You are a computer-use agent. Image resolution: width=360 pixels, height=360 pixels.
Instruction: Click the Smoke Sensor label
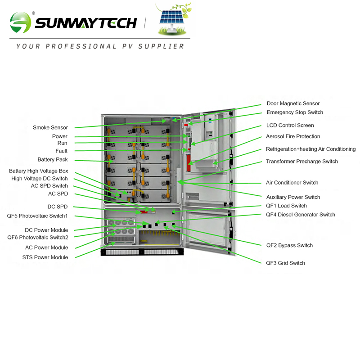pos(50,128)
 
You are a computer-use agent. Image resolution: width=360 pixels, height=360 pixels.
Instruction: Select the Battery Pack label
pos(53,160)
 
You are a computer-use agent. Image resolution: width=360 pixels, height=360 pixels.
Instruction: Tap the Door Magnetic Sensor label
pos(293,103)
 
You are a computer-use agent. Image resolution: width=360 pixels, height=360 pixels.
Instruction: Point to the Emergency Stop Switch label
pos(295,112)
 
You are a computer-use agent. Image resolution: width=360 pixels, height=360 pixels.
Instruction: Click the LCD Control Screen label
pos(290,126)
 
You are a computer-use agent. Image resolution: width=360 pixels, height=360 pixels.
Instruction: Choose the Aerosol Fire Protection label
pos(293,136)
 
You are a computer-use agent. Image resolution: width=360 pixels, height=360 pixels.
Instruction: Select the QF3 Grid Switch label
pos(285,263)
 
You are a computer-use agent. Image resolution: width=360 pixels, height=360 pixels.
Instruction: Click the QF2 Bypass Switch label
pos(289,246)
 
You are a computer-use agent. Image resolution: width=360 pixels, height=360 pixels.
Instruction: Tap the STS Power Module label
pos(45,257)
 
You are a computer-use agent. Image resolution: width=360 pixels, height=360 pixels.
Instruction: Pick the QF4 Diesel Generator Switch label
pos(300,215)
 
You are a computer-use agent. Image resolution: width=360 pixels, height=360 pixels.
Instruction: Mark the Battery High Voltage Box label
pos(39,171)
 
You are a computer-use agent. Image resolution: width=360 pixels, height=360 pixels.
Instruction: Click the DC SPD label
pos(58,207)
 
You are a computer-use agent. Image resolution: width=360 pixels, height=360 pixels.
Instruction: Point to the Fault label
pos(62,151)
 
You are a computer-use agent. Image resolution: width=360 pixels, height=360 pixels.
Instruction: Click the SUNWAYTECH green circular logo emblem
pos(21,22)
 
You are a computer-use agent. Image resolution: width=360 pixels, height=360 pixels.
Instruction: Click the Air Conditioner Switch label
pos(292,183)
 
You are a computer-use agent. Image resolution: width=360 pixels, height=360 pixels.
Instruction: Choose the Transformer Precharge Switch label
pos(301,162)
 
